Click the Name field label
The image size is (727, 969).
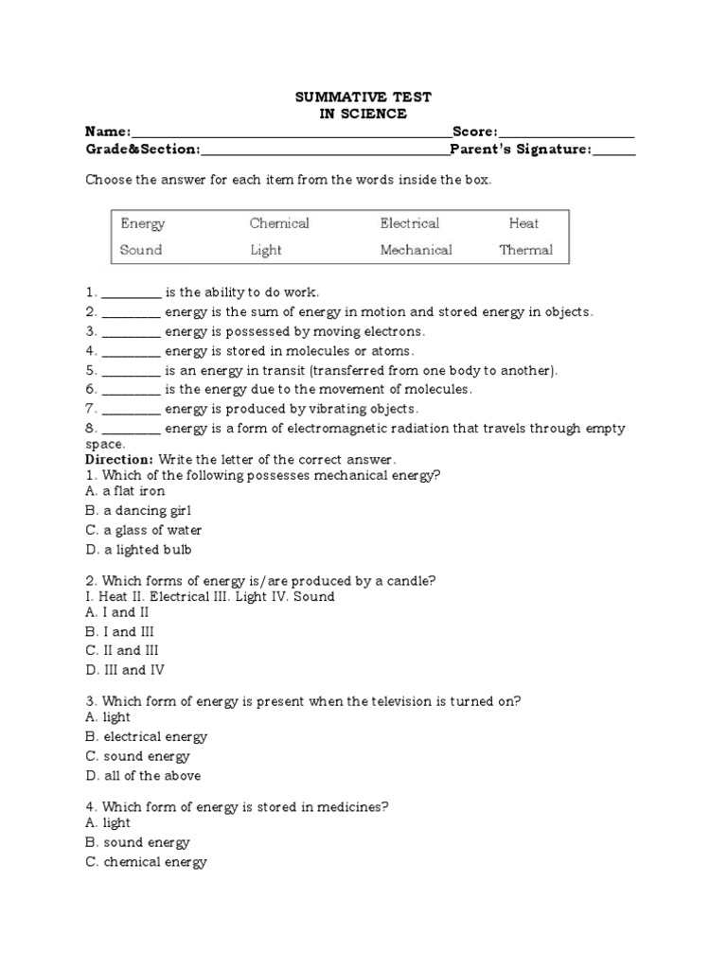click(108, 132)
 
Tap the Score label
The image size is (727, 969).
click(474, 132)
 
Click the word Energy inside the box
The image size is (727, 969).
click(143, 224)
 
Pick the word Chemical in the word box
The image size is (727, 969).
click(279, 223)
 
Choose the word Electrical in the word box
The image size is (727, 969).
click(410, 223)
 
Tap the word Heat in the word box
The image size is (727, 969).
click(523, 223)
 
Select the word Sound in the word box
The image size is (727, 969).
click(141, 251)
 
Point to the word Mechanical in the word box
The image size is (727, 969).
click(416, 251)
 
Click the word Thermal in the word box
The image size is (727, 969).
click(525, 251)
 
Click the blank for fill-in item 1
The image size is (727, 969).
click(131, 293)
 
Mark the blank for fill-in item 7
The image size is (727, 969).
click(131, 410)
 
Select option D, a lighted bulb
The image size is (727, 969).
click(138, 550)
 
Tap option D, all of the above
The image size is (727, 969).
click(142, 776)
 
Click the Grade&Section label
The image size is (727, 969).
click(143, 150)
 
